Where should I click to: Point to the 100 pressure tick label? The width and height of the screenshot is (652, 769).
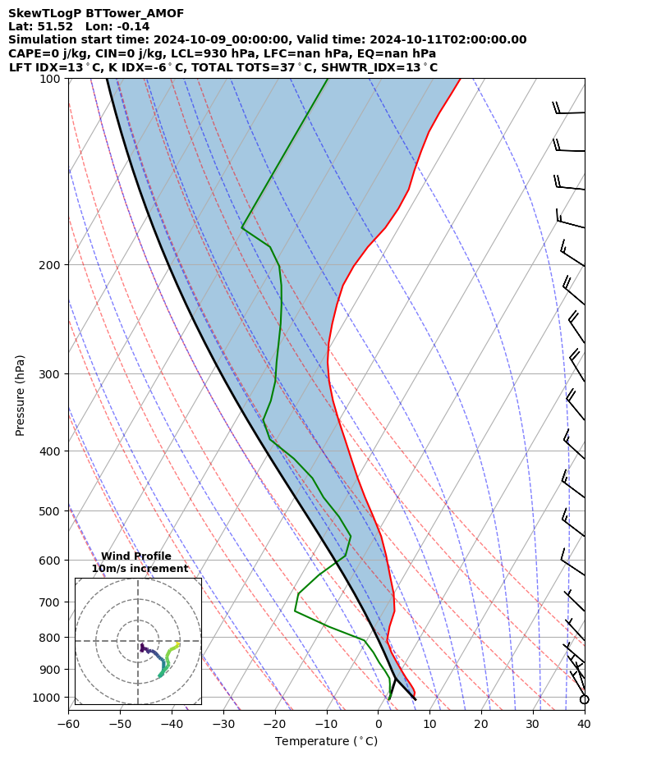point(52,79)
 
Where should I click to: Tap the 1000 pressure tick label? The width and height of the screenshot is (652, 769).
point(48,697)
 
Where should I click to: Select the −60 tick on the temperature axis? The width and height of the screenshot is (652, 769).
point(68,724)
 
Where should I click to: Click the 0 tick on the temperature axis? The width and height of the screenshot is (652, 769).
point(378,724)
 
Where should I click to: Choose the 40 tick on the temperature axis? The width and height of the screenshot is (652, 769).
point(584,724)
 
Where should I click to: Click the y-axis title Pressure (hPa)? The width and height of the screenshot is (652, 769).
point(21,395)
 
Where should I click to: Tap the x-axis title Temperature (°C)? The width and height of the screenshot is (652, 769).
point(326,742)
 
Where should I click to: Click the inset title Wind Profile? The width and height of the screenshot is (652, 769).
point(136,556)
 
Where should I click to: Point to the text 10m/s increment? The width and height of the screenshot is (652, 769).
point(140,569)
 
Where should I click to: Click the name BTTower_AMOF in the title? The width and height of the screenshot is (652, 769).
point(135,13)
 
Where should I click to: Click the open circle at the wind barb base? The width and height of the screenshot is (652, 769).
point(585,699)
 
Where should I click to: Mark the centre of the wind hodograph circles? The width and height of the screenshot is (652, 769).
point(138,641)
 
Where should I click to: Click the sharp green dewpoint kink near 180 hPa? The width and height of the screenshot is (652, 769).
point(242,227)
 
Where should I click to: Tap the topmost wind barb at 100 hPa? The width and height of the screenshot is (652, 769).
point(570,112)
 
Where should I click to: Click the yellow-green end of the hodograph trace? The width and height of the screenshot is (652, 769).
point(178,644)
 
